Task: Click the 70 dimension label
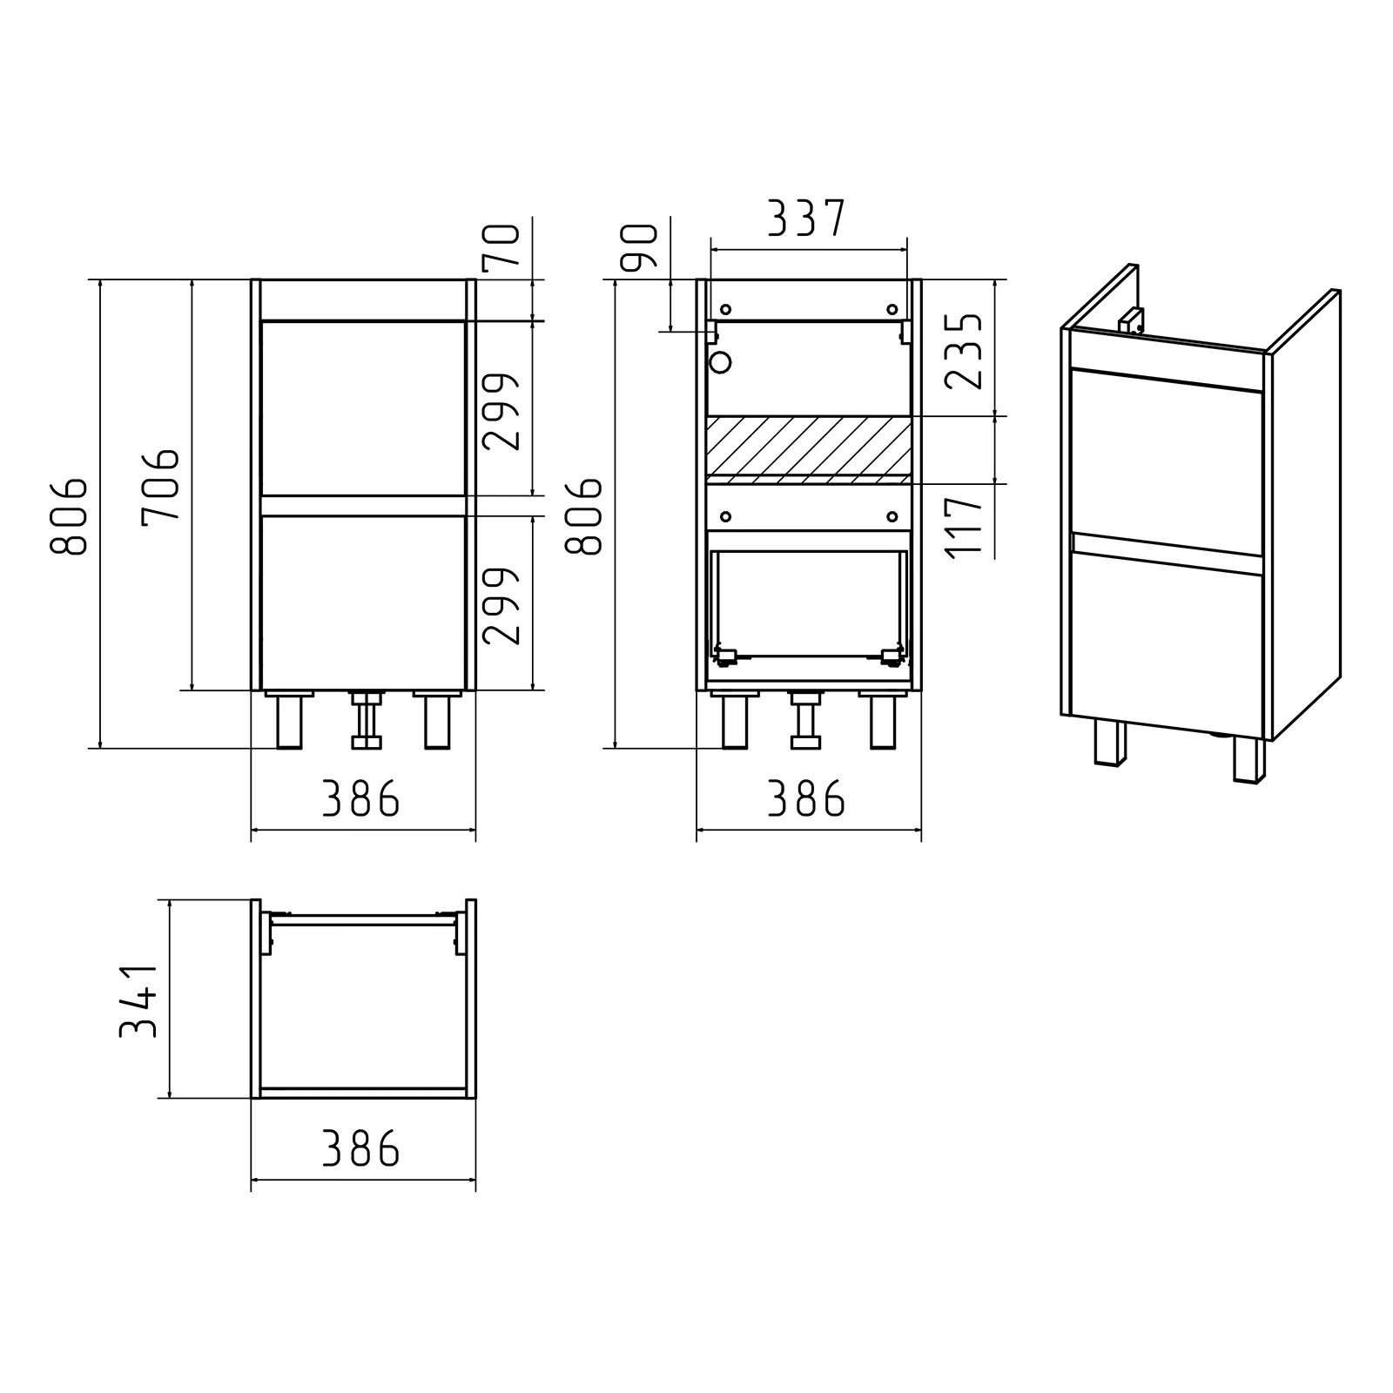point(503,246)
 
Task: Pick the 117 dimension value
point(964,527)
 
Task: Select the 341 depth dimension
point(138,999)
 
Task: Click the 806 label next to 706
point(70,516)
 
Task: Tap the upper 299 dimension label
point(502,412)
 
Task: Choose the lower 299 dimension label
point(502,606)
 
